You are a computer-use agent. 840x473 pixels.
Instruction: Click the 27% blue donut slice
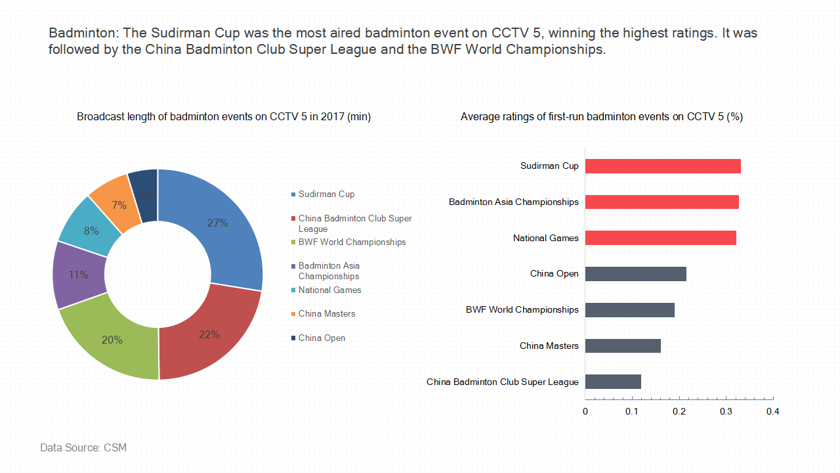click(225, 225)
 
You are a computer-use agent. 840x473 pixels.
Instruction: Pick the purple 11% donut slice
click(78, 275)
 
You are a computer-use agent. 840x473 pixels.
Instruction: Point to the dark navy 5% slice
click(144, 195)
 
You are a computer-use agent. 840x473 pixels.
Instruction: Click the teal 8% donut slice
click(91, 230)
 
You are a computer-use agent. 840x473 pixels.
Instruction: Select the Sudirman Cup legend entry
click(323, 194)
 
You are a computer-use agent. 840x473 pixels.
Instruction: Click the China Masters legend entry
click(324, 313)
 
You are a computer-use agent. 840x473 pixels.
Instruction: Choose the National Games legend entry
click(326, 290)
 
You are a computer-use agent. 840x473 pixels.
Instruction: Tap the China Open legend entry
click(318, 338)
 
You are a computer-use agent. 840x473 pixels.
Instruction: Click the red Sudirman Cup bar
click(663, 166)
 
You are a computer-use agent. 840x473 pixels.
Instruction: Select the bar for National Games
click(661, 238)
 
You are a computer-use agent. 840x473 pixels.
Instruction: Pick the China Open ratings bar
click(636, 274)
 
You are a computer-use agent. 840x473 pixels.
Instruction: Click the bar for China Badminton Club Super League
click(613, 382)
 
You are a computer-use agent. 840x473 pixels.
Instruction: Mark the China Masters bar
click(623, 346)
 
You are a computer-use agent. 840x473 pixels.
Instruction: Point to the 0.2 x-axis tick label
click(679, 412)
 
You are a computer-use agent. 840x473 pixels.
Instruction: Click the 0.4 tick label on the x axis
click(773, 412)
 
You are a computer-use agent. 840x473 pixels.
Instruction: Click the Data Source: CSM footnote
click(83, 447)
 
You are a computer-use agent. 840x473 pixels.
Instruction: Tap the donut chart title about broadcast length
click(224, 117)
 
